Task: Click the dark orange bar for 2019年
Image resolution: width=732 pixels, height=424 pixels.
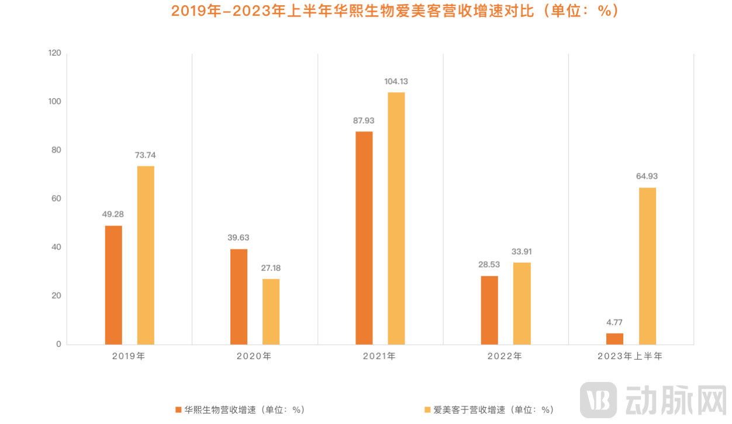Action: [113, 285]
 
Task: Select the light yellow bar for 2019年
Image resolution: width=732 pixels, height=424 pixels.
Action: [146, 255]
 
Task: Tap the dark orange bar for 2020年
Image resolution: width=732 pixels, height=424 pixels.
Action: [239, 297]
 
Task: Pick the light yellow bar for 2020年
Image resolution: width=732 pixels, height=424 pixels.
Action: [271, 312]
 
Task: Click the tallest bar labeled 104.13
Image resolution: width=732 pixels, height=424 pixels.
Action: [396, 218]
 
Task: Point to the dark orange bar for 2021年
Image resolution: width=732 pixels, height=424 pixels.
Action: [364, 238]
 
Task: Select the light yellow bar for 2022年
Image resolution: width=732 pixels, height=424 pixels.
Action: [522, 304]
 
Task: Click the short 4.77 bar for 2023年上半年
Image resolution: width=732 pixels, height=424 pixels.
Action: [614, 339]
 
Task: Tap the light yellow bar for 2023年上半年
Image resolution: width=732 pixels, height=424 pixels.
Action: [647, 266]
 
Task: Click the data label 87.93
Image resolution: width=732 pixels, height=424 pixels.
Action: [364, 121]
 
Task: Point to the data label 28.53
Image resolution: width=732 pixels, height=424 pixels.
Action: [489, 265]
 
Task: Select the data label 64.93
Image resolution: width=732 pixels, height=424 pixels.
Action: [647, 176]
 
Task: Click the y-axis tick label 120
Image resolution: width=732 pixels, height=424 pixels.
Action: [55, 53]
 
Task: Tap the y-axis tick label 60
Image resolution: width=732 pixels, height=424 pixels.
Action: [56, 199]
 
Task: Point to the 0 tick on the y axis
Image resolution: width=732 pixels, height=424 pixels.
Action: [58, 344]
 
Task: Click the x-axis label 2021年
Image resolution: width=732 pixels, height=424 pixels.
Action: [379, 356]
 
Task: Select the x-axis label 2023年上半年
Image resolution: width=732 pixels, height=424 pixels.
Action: [630, 356]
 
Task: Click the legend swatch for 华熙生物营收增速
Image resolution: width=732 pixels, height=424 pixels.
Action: [178, 409]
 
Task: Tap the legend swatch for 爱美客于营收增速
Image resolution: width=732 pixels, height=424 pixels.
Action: [427, 409]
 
